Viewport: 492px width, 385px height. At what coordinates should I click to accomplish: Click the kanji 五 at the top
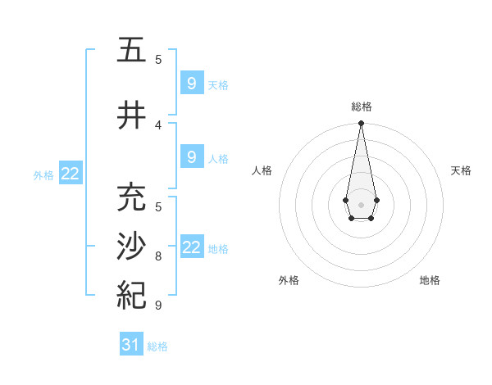131,51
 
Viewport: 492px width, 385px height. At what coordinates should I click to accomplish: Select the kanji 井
131,115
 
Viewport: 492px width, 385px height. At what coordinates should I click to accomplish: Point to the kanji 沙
131,247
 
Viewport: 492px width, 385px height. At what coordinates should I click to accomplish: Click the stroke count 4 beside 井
158,125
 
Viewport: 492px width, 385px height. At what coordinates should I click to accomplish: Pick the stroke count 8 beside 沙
158,256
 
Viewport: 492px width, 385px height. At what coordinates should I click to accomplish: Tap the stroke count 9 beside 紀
158,306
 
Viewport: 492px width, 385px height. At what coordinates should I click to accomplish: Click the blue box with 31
131,346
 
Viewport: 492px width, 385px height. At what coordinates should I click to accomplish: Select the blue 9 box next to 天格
191,83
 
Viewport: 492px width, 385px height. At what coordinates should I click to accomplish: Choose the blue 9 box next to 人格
191,157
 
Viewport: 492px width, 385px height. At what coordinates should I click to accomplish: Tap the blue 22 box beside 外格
71,174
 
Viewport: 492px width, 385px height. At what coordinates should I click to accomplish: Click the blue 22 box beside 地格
191,247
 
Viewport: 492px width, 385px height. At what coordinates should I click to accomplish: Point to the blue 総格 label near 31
157,346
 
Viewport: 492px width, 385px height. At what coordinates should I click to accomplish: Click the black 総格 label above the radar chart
362,106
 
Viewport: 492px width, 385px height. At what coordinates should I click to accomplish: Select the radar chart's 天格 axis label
462,170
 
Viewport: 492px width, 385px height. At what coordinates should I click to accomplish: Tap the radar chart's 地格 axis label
430,280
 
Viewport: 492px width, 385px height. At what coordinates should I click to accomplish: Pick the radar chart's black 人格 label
262,170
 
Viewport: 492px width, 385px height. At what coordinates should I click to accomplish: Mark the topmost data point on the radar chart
361,124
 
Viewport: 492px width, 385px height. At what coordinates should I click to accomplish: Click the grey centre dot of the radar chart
361,203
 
